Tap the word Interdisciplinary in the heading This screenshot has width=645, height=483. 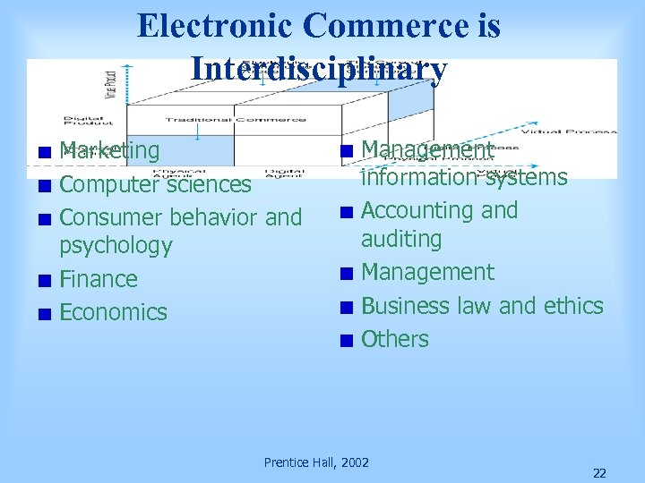[x=318, y=69]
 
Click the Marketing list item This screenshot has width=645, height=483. [x=109, y=150]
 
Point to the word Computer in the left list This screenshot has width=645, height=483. [x=106, y=184]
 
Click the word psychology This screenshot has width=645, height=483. [x=116, y=245]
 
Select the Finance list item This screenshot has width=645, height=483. [x=99, y=279]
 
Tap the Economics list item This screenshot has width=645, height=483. [x=113, y=312]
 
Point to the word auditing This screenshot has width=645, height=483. [x=401, y=239]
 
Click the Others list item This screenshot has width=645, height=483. [x=395, y=340]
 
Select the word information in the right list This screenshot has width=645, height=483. [x=416, y=177]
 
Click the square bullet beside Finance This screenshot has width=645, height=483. [x=44, y=280]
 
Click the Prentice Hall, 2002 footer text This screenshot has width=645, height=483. [x=316, y=462]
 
